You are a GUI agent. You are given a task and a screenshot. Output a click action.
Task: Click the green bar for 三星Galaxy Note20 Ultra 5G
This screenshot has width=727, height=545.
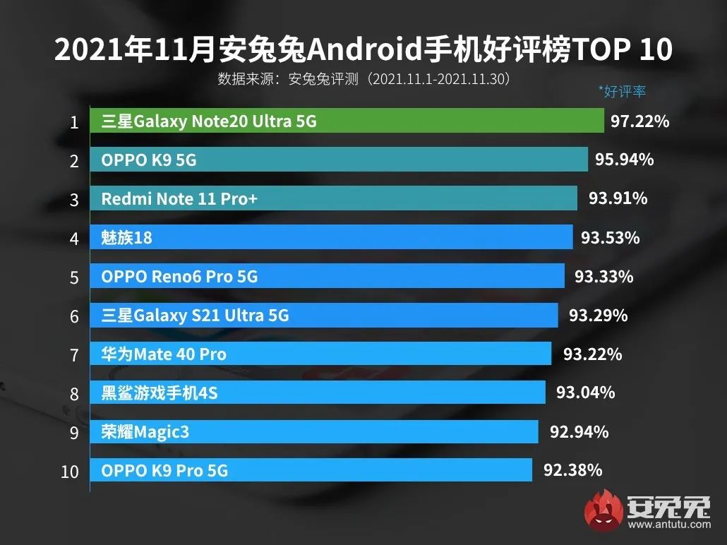coord(346,121)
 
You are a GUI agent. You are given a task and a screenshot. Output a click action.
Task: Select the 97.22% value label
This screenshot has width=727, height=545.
coord(639,121)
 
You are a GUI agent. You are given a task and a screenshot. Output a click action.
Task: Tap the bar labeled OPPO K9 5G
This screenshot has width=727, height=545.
coord(338,160)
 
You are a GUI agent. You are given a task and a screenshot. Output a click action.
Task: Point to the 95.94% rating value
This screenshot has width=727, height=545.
coord(624,160)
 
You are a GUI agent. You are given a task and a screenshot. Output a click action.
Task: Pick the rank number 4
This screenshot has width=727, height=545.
coord(73,239)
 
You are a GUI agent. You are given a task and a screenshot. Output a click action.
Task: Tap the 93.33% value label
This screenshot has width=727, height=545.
coord(603,277)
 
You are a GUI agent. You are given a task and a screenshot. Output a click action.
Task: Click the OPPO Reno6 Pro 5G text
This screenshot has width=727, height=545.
coord(179,277)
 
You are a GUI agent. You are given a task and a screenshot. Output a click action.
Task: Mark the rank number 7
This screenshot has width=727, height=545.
coord(73,354)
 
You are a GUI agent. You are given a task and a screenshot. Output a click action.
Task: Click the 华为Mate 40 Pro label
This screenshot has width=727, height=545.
coord(164,354)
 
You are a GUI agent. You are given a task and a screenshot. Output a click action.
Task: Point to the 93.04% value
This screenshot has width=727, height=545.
coord(585,393)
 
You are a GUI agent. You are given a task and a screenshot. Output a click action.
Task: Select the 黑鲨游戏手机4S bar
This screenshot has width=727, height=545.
coord(317,393)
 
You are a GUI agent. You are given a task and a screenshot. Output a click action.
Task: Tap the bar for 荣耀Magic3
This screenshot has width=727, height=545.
coord(313,431)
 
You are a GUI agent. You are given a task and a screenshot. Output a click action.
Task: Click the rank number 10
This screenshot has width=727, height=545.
coord(70,471)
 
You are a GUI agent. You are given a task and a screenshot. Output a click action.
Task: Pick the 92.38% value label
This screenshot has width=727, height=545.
coord(572,469)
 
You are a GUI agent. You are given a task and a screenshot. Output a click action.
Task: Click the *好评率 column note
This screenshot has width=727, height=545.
coord(622,91)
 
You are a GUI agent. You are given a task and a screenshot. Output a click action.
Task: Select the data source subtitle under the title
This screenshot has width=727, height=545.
coord(364,78)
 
